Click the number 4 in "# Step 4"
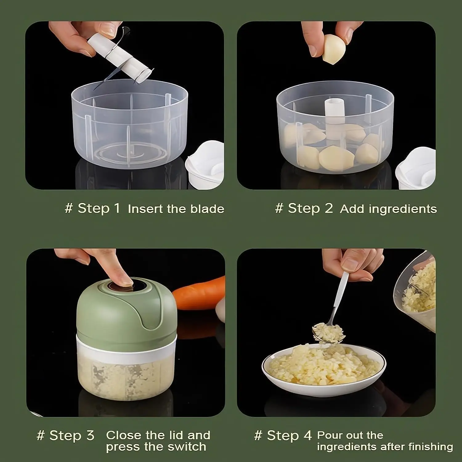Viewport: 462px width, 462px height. pos(308,436)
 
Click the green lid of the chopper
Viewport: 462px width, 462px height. pos(123,311)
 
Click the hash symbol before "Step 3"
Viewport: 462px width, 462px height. pos(40,436)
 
